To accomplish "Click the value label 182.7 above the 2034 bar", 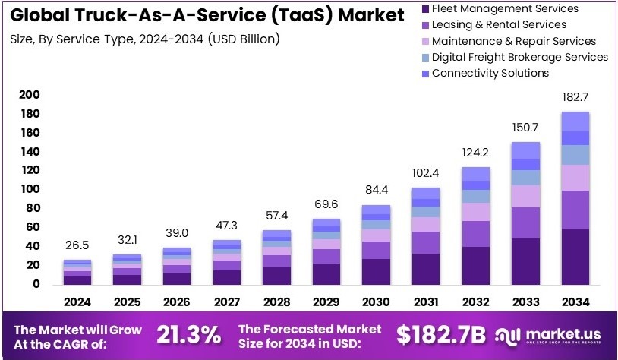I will [575, 99].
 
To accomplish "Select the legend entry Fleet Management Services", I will [504, 9].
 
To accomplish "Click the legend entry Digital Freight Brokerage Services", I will [519, 57].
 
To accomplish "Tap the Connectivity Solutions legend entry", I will [490, 73].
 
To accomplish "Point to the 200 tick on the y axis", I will [30, 95].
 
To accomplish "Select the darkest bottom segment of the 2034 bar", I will [575, 256].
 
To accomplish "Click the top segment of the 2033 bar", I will [525, 150].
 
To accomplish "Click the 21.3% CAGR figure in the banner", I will [189, 333].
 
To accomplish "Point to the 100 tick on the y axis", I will [30, 189].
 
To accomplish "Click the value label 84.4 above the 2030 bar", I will [376, 189].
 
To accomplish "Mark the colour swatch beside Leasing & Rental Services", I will [424, 25].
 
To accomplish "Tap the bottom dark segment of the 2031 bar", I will [426, 268].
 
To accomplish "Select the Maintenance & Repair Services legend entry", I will [513, 41].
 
